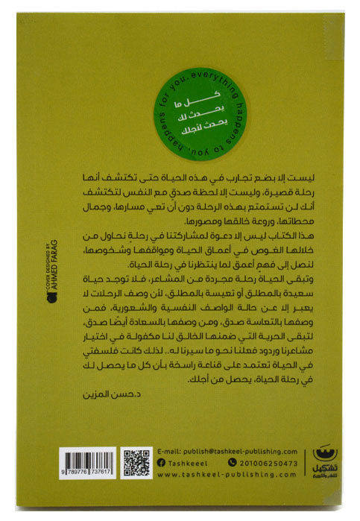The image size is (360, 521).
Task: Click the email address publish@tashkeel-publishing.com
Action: click(x=224, y=451)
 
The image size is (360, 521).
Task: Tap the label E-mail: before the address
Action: click(x=169, y=451)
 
